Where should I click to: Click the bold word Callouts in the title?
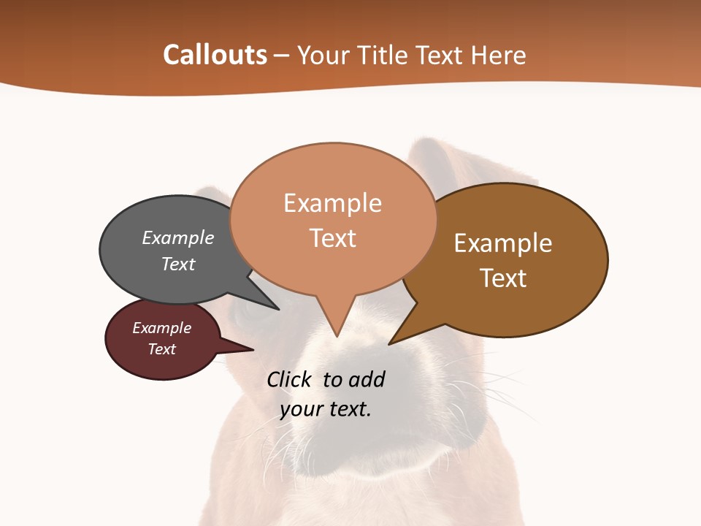[x=215, y=55]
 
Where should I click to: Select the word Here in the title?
[x=498, y=55]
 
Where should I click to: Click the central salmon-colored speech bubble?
[x=333, y=219]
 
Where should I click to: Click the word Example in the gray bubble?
[x=178, y=237]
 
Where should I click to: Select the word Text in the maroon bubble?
[x=162, y=349]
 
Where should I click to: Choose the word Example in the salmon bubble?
[x=333, y=203]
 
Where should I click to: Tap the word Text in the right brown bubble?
[x=503, y=278]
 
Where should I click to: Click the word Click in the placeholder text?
[x=289, y=379]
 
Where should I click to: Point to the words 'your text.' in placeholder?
[x=326, y=409]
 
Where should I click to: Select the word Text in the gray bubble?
[x=178, y=264]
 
